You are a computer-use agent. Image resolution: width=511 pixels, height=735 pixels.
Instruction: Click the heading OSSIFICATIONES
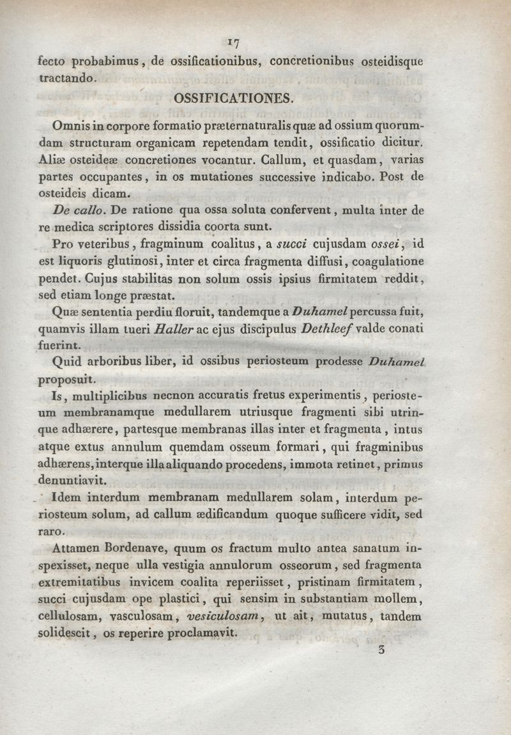tap(231, 99)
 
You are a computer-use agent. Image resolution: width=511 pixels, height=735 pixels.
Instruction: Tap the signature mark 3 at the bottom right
tap(382, 653)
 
